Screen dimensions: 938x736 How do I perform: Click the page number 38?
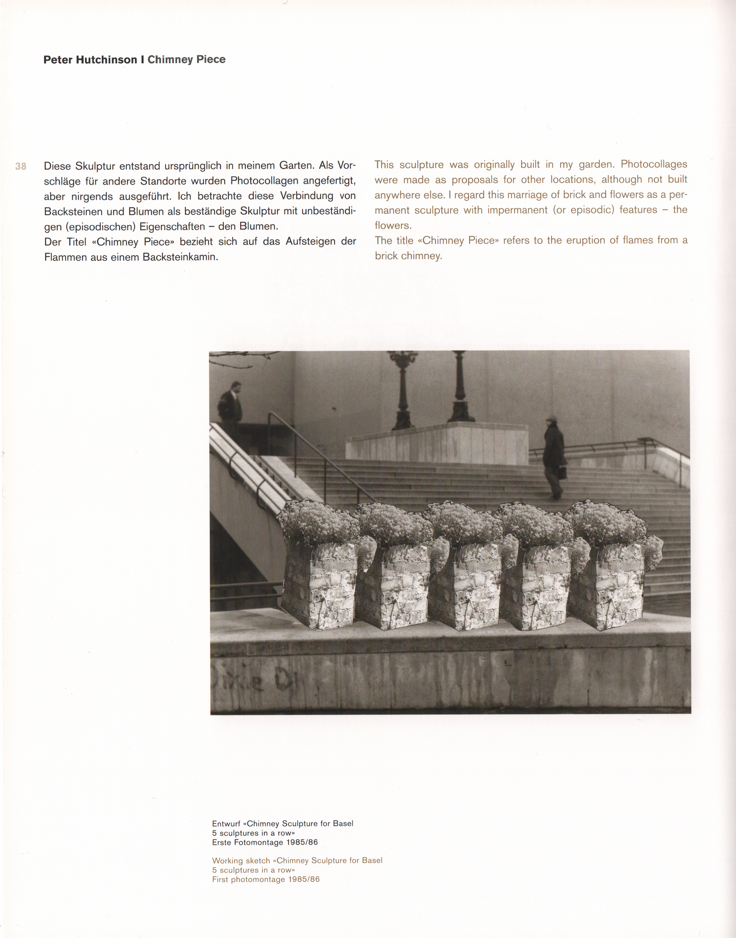click(21, 166)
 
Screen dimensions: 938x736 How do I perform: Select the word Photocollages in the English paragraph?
click(654, 164)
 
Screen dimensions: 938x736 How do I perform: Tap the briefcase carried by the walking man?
click(562, 473)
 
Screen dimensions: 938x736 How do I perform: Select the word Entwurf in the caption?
click(226, 823)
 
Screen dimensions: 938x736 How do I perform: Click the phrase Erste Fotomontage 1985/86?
click(264, 842)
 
